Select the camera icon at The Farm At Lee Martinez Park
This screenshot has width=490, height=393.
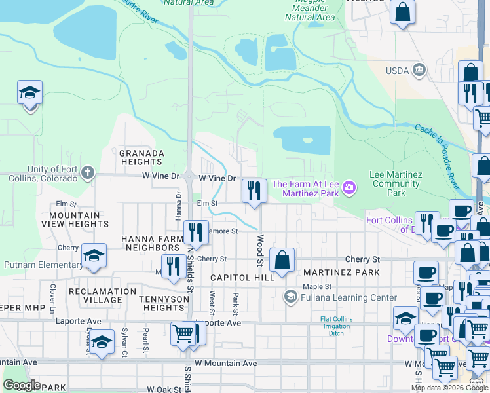click(349, 189)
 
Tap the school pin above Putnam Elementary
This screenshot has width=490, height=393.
click(94, 256)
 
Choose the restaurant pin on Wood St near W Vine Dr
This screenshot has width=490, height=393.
click(254, 191)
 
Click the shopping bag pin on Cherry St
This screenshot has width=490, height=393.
click(282, 259)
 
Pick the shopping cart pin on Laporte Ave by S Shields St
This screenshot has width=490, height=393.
click(183, 333)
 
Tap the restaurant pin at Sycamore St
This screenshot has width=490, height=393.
click(195, 231)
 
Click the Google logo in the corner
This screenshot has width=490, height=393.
click(22, 385)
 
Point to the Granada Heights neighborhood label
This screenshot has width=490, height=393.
click(141, 157)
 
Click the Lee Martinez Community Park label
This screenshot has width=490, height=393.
click(395, 183)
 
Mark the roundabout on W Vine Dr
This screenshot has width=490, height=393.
click(189, 176)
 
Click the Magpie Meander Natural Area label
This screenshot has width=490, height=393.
click(310, 12)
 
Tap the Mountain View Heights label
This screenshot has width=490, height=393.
click(75, 219)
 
